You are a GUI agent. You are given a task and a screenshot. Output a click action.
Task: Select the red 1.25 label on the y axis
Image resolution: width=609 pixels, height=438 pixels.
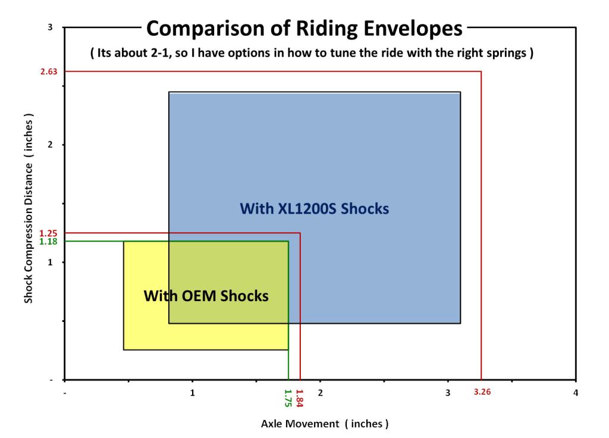[47, 233]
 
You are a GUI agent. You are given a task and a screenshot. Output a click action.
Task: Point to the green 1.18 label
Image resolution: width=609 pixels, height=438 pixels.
[47, 241]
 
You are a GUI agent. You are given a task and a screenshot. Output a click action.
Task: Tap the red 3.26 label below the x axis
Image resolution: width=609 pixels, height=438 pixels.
[482, 392]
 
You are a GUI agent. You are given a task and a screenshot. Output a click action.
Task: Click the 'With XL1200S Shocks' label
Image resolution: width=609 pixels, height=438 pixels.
[314, 209]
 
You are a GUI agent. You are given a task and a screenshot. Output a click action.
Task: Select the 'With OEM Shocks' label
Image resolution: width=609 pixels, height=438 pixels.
[206, 295]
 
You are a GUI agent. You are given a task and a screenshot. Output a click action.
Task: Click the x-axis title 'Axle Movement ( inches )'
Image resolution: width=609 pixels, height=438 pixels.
[325, 424]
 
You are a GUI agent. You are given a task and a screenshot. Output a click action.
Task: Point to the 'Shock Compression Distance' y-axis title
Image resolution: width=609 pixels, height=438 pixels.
[28, 209]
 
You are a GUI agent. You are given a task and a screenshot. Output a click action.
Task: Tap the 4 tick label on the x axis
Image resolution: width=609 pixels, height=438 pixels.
[575, 393]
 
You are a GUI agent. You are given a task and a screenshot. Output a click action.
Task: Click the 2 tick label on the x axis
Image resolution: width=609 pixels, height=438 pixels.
[320, 393]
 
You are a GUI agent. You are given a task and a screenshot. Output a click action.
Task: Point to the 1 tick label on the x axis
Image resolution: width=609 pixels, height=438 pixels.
[193, 393]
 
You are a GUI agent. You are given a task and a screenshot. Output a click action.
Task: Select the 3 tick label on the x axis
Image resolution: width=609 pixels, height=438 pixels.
[448, 393]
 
